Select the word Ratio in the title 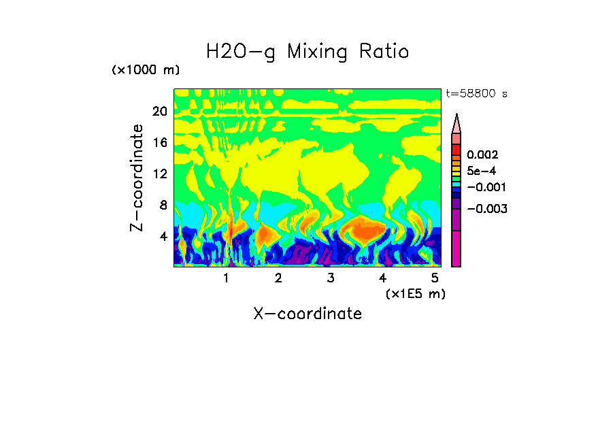pyautogui.click(x=384, y=51)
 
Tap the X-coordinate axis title pyautogui.click(x=307, y=314)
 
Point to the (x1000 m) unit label pyautogui.click(x=146, y=71)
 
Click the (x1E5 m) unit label pyautogui.click(x=415, y=293)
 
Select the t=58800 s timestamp pyautogui.click(x=476, y=94)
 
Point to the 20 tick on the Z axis pyautogui.click(x=159, y=112)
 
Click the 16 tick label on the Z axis pyautogui.click(x=159, y=143)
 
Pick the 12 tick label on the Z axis pyautogui.click(x=159, y=174)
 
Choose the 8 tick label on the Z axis pyautogui.click(x=163, y=205)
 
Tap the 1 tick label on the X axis pyautogui.click(x=226, y=278)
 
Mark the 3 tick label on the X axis pyautogui.click(x=331, y=278)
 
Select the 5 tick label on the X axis pyautogui.click(x=435, y=278)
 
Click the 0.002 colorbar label pyautogui.click(x=482, y=155)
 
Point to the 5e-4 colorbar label pyautogui.click(x=481, y=171)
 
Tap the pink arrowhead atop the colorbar pyautogui.click(x=456, y=123)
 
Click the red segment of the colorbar pyautogui.click(x=456, y=149)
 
